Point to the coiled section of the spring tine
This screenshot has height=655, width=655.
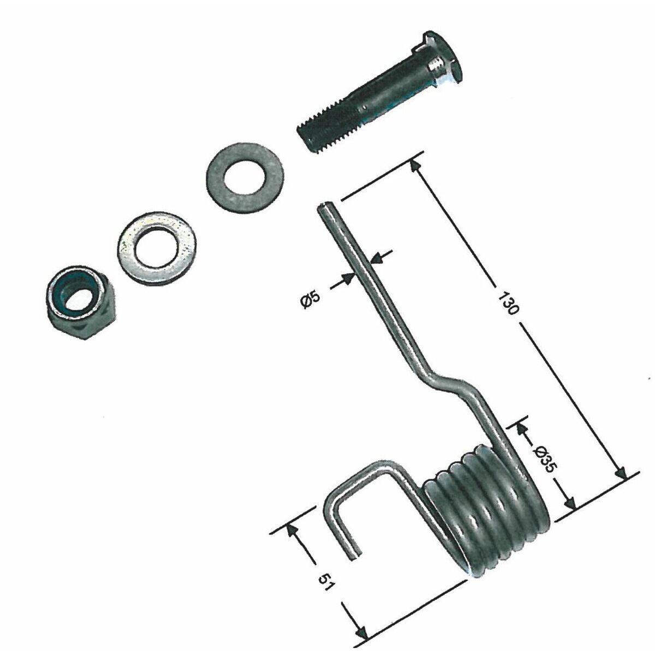486,508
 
